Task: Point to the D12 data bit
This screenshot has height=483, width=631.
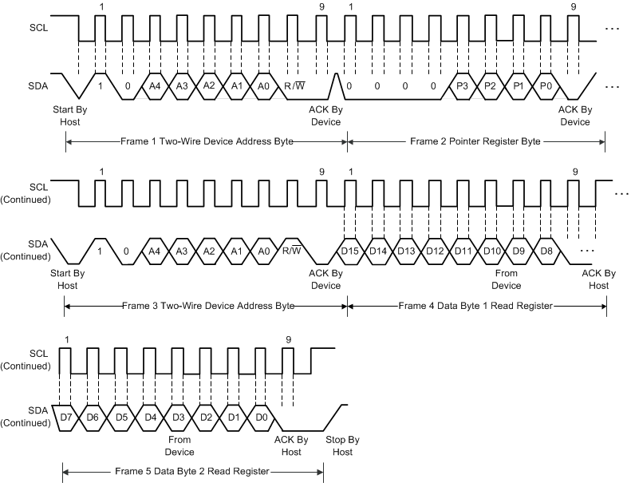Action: click(435, 251)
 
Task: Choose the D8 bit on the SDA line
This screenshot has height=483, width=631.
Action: click(546, 251)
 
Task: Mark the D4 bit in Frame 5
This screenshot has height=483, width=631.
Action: click(151, 417)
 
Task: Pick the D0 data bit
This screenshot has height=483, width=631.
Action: click(261, 417)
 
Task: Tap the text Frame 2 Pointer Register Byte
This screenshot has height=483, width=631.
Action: click(475, 141)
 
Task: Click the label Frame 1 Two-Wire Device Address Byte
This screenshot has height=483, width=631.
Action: click(207, 141)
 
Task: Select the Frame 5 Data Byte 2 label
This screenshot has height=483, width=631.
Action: click(192, 471)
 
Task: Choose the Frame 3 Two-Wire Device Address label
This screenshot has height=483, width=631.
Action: click(207, 306)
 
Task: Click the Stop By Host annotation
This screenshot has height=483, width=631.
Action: click(342, 445)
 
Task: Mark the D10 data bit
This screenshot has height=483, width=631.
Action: click(491, 251)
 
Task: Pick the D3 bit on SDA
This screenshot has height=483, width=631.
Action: click(179, 417)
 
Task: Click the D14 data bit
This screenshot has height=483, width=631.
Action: click(379, 251)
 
